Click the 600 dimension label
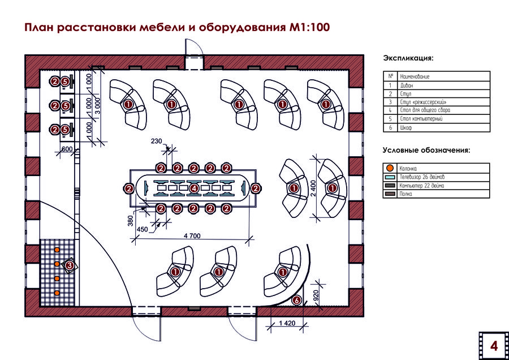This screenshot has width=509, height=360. coord(66,149)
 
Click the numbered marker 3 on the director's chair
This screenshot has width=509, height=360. coord(70,265)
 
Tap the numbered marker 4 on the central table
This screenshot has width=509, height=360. coord(194,188)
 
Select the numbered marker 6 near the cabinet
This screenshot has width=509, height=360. coord(296,301)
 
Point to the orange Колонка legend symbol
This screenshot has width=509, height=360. coord(390,168)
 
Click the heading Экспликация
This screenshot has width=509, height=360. coord(408,58)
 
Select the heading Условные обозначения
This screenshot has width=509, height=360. coord(426,150)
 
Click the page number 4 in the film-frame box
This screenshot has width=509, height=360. coord(493,345)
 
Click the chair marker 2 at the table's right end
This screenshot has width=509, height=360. coord(256,188)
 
